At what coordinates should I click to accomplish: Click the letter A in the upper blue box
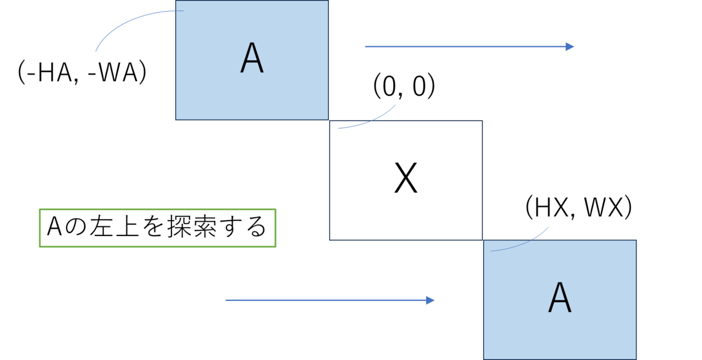click(x=252, y=58)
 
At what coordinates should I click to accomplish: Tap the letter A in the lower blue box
click(x=560, y=297)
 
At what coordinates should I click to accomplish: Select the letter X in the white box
click(x=406, y=177)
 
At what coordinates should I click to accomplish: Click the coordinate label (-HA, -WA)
click(x=82, y=72)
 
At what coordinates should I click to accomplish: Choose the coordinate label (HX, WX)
click(x=579, y=207)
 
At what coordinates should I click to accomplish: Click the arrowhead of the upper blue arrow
click(x=570, y=47)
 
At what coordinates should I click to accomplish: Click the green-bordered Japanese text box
click(x=157, y=228)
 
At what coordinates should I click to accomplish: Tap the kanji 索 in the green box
click(x=205, y=227)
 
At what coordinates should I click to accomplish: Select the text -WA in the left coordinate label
click(x=113, y=73)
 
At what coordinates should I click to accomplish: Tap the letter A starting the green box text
click(x=54, y=227)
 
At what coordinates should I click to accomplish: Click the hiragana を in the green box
click(x=153, y=227)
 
